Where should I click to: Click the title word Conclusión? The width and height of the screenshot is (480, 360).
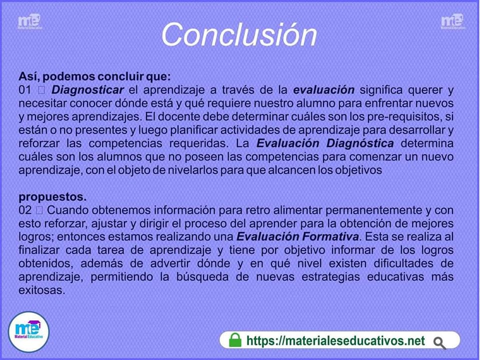point(239,34)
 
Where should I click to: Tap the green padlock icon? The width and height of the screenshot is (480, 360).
point(235,340)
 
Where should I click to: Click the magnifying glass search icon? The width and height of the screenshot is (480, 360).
point(439,343)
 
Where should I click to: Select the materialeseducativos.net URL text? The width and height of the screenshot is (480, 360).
point(335,340)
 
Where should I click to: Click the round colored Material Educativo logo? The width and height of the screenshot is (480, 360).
point(28,332)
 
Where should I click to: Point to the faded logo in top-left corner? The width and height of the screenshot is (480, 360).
point(29,21)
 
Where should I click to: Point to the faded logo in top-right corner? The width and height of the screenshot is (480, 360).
point(453,21)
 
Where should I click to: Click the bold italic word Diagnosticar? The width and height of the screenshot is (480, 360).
point(87,90)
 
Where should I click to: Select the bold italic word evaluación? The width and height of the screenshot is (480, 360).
point(324,90)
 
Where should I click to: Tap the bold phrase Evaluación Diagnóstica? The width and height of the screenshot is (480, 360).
point(325,143)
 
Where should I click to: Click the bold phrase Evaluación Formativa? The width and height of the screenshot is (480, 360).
point(297,236)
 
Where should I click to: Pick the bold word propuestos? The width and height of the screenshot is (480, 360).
point(52,197)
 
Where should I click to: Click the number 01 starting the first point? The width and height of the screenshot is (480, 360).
point(25,90)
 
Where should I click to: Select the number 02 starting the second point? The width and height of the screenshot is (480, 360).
point(25,210)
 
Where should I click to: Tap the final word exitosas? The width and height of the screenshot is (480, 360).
point(42,290)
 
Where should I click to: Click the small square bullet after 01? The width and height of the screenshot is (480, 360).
point(41,90)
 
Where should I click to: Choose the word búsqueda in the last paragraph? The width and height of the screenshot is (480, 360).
point(202,276)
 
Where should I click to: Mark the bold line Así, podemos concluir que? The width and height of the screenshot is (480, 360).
point(94,76)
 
